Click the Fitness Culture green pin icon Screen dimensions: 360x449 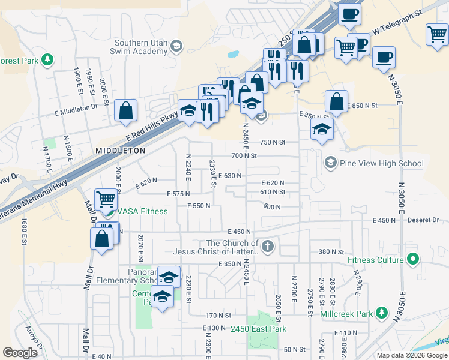[x=412, y=260]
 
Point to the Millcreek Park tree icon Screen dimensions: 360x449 [x=381, y=313]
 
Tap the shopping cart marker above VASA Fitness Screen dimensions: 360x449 [x=106, y=199]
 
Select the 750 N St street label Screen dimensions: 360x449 [x=272, y=142]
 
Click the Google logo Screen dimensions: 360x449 [x=20, y=353]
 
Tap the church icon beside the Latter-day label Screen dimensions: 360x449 [x=268, y=246]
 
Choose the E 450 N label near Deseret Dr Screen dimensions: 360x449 [x=384, y=221]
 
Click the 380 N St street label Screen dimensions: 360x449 [x=331, y=252]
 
